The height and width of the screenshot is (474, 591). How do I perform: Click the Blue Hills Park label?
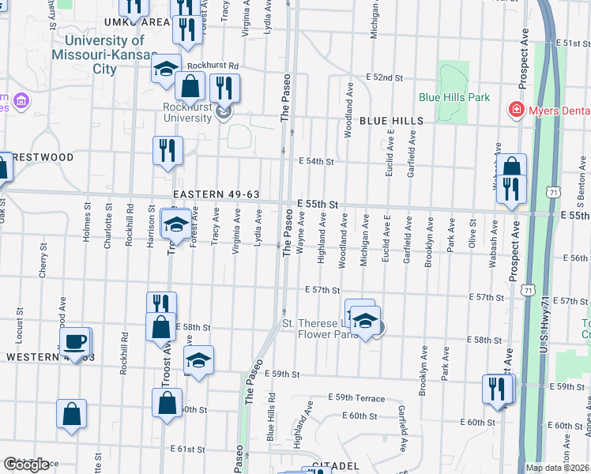(454, 98)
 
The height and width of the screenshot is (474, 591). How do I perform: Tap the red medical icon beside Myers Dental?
(516, 108)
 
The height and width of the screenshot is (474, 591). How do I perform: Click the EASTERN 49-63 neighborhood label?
(216, 194)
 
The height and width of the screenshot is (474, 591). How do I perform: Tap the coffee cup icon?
(76, 341)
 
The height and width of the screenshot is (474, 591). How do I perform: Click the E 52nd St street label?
(384, 78)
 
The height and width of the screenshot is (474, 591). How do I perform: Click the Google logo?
(27, 464)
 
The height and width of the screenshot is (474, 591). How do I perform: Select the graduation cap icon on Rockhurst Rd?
(166, 68)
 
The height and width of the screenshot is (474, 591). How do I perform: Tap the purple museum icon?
(21, 100)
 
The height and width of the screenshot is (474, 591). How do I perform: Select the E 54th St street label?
(317, 161)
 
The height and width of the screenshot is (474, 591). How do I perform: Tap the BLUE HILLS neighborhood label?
(392, 121)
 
